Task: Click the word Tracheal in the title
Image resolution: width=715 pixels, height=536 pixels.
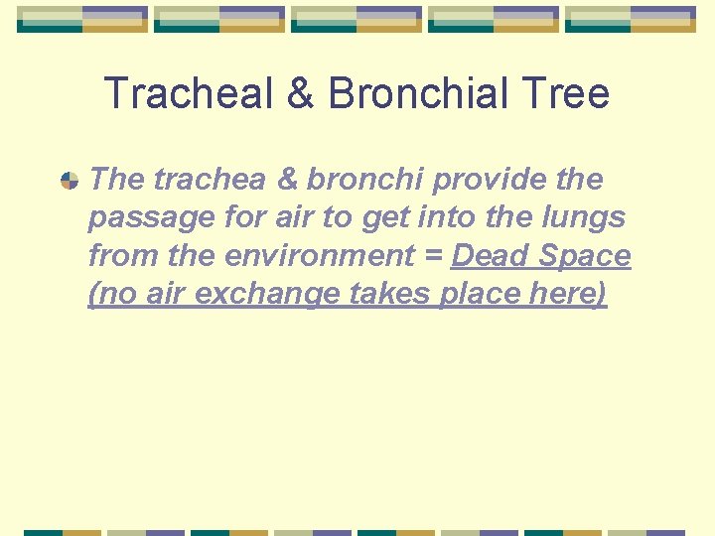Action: (187, 93)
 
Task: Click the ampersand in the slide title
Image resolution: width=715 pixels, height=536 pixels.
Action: (300, 93)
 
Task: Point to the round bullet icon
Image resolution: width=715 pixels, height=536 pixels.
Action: (70, 181)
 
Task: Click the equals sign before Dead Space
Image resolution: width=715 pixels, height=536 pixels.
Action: (435, 257)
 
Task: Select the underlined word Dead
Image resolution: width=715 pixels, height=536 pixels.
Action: (490, 256)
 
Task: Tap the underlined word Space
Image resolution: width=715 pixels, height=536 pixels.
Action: (585, 256)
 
